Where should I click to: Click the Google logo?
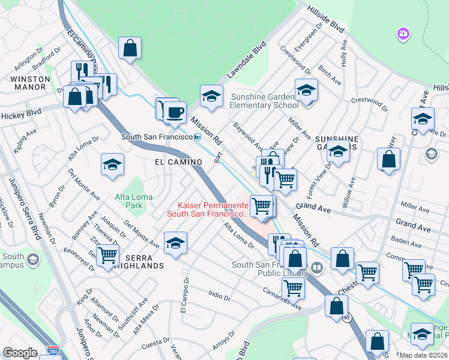pyautogui.click(x=20, y=353)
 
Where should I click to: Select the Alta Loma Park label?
pyautogui.click(x=128, y=201)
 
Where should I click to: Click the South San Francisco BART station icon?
pyautogui.click(x=197, y=137)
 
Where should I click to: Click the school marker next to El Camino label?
pyautogui.click(x=112, y=166)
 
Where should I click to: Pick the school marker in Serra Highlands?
pyautogui.click(x=175, y=243)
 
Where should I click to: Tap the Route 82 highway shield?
pyautogui.click(x=346, y=318)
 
